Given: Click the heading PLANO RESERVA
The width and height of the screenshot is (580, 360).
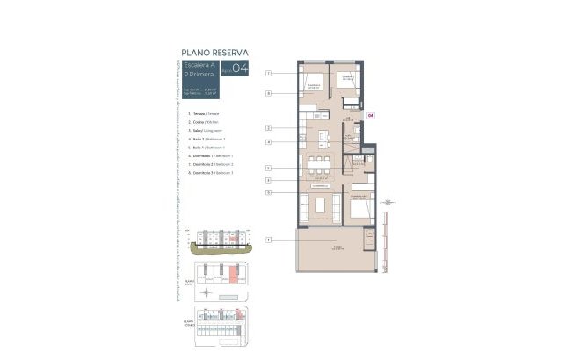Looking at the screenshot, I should (x=214, y=52).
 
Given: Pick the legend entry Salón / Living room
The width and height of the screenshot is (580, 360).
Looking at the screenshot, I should (x=197, y=131).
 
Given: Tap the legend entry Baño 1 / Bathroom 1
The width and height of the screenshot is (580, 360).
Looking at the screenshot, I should (x=199, y=148).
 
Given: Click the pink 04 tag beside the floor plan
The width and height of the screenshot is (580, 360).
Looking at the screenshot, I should (x=370, y=115).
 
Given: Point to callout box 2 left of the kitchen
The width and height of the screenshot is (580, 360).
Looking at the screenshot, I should (x=268, y=129).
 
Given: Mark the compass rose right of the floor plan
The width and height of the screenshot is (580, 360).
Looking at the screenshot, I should (x=387, y=203).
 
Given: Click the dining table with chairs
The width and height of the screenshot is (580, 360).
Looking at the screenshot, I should (x=316, y=164).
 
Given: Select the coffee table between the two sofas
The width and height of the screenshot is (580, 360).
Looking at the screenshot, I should (x=319, y=208).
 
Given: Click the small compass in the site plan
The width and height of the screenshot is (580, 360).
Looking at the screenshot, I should (x=205, y=291).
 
